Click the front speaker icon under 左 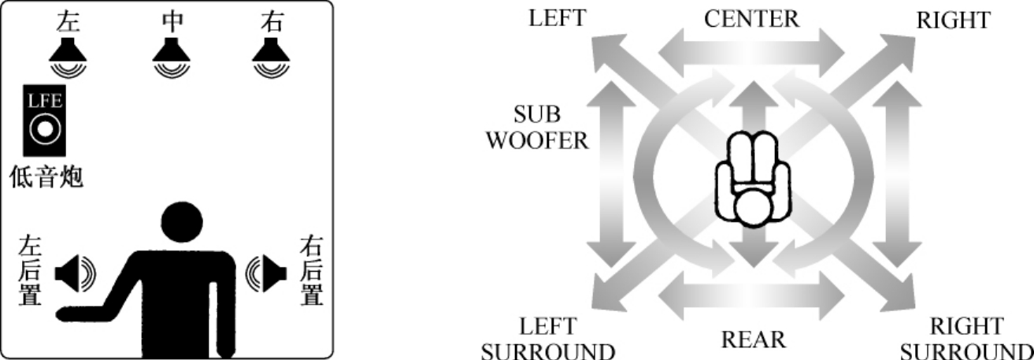(x=68, y=56)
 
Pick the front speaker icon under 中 (x=172, y=56)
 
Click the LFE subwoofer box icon (x=44, y=120)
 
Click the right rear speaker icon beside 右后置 (x=265, y=273)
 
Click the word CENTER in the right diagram (x=751, y=18)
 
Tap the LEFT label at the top (x=558, y=18)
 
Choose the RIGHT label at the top (x=953, y=20)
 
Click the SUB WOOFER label (x=537, y=128)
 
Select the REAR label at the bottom (x=754, y=340)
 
